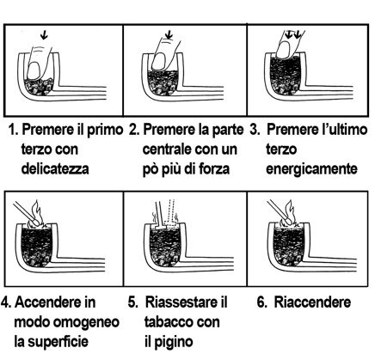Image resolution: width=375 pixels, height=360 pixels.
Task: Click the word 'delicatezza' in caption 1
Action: (55, 168)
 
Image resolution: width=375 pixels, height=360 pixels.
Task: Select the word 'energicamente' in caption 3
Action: (311, 169)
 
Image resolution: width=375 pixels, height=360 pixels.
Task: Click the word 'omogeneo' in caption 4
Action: (87, 322)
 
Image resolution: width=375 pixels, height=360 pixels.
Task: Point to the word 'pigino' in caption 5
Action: (176, 341)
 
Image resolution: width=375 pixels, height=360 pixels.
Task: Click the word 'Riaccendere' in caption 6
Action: (312, 302)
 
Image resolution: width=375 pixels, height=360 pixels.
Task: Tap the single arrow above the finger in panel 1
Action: (44, 35)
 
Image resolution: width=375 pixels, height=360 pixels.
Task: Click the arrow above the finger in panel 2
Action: (169, 35)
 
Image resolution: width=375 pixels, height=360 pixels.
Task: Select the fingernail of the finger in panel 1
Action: (34, 71)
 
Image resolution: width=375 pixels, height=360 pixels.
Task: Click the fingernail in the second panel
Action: (158, 61)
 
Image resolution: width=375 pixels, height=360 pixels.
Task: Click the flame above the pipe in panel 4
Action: (36, 213)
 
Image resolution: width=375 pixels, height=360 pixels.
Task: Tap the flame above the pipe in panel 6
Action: (289, 212)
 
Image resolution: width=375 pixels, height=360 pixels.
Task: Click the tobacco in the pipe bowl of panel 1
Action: (39, 87)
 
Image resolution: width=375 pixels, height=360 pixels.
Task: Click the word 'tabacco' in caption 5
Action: (169, 322)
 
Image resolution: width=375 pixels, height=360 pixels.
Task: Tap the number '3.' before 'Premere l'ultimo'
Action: (255, 130)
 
